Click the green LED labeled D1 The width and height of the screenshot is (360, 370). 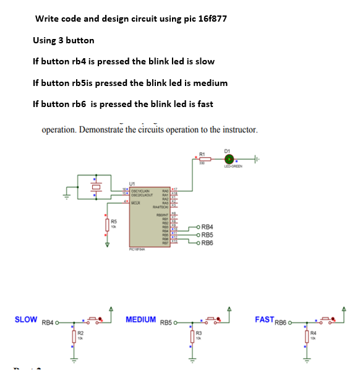229,159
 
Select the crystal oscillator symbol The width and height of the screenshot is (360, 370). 96,186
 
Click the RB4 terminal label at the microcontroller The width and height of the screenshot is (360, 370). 208,227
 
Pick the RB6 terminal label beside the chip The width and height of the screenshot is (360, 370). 208,243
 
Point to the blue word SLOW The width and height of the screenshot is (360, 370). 26,319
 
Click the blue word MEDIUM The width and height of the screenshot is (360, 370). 140,319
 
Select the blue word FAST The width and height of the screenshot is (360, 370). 264,319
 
